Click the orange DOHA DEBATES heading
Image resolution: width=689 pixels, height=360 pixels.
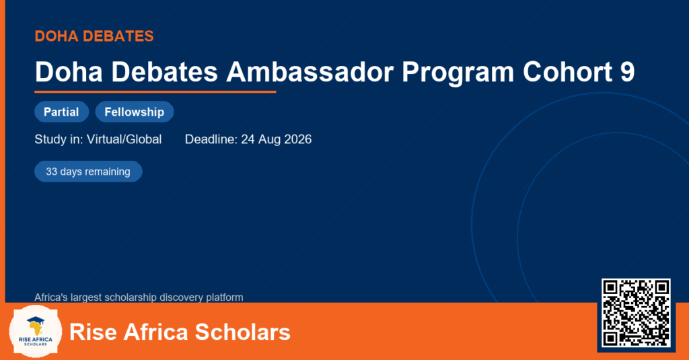(x=94, y=36)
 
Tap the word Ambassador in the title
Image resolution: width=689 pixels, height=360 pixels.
(x=310, y=71)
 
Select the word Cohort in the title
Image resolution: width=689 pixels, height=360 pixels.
(x=567, y=71)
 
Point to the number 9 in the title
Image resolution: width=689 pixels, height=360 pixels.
(x=628, y=71)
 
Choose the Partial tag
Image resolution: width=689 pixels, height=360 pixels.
(x=61, y=112)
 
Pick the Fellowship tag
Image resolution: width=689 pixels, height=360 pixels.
(x=135, y=112)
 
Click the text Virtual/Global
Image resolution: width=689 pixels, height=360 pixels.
(x=124, y=139)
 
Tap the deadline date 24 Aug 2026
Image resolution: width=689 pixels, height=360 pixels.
(x=277, y=139)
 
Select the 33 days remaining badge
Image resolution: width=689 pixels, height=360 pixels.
(x=88, y=172)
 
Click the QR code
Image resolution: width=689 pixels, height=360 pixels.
(x=636, y=313)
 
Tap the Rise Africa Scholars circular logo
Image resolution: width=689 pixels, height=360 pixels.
(x=35, y=332)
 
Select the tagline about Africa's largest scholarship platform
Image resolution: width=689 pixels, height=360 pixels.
(x=139, y=297)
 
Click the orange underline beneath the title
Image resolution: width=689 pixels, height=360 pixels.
(x=155, y=92)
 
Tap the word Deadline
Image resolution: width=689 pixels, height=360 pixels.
(x=211, y=139)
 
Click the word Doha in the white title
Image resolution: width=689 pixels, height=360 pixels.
(x=69, y=71)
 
